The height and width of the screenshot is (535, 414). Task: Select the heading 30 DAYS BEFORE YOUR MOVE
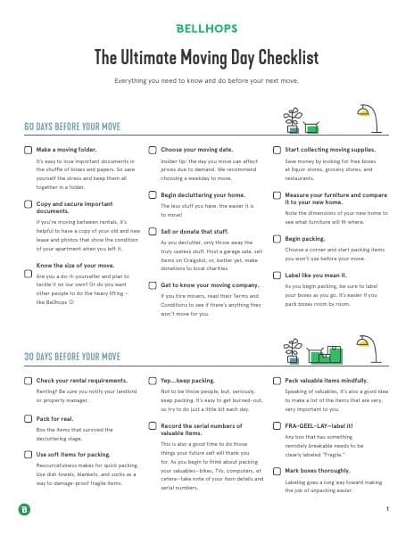tap(73, 357)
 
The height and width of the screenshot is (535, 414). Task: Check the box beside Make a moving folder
tap(28, 150)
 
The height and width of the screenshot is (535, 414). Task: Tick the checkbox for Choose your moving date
tap(152, 150)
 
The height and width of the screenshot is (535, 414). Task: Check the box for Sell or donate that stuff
tap(152, 228)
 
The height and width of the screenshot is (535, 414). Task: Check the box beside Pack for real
tap(28, 417)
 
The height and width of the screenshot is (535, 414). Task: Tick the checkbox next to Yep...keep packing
tap(152, 380)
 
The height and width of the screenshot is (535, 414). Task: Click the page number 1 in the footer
tap(388, 509)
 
